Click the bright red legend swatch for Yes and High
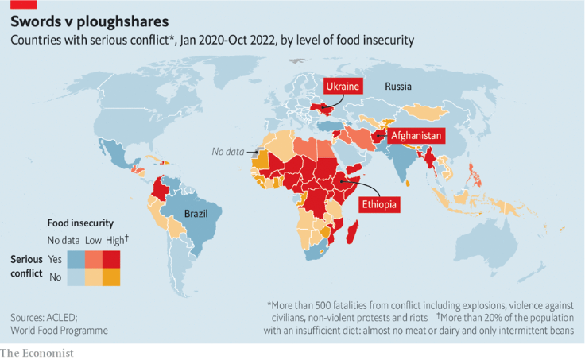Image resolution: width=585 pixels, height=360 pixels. pos(110,259)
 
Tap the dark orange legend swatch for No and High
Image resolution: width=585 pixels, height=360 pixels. pos(110,277)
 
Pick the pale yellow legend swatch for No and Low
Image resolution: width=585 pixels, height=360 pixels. pos(93,277)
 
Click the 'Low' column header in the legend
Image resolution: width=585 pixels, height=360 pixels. pos(93,240)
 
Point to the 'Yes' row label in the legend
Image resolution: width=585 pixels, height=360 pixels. pos(55,259)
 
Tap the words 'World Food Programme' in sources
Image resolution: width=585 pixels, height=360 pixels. pos(59,330)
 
